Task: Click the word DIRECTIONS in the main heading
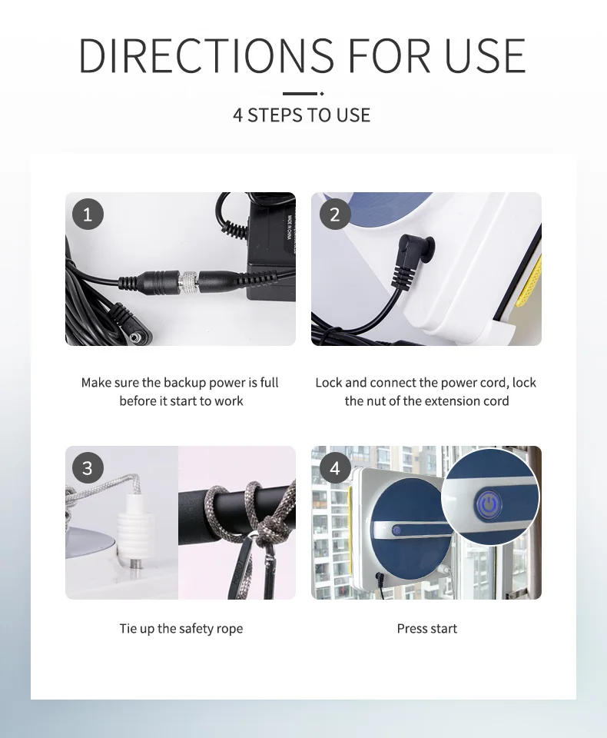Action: (x=206, y=55)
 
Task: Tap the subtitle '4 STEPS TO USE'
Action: (x=302, y=115)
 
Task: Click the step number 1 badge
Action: (x=88, y=214)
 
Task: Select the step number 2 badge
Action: (x=334, y=214)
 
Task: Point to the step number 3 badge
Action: (x=88, y=468)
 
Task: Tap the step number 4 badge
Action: (x=334, y=468)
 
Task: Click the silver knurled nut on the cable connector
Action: (x=190, y=281)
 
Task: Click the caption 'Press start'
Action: (x=426, y=629)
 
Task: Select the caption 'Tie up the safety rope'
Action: (x=181, y=629)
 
